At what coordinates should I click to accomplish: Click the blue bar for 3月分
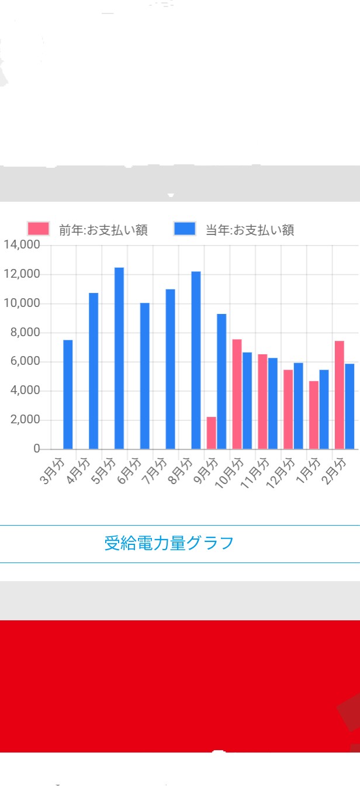coord(68,395)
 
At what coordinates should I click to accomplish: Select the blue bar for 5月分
coord(119,358)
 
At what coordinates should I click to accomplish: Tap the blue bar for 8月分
coord(196,360)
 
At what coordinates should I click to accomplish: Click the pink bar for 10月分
coord(237,394)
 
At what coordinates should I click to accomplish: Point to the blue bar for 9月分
coord(221,382)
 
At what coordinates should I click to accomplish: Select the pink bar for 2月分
coord(339,395)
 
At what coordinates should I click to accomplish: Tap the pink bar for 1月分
coord(314,415)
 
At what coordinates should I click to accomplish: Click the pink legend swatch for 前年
coord(39,229)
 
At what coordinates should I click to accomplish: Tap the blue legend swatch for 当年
coord(185,229)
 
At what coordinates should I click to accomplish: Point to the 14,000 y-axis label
coord(22,245)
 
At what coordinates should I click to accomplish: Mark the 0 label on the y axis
coord(36,449)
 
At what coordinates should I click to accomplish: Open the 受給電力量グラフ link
coord(169,543)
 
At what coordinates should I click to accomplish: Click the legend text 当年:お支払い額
coord(250,230)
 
